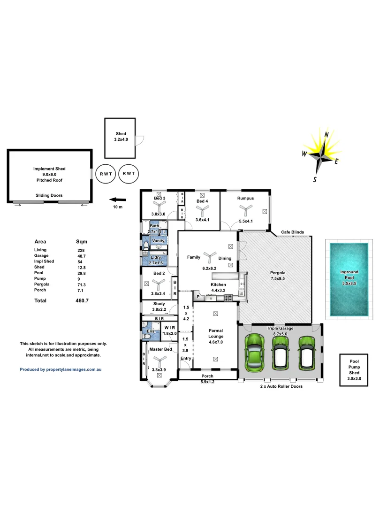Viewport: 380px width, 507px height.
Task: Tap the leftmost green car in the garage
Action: [x=254, y=350]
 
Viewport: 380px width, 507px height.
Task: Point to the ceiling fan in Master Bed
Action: [x=160, y=361]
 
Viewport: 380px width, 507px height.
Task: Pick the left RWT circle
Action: [x=106, y=173]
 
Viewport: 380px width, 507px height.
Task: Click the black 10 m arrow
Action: [x=110, y=199]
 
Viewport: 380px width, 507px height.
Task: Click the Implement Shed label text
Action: [x=49, y=174]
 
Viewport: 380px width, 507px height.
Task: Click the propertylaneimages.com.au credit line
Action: [x=61, y=369]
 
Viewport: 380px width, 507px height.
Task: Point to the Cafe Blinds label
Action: [x=292, y=232]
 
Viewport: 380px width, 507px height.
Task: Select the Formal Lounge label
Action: [x=215, y=333]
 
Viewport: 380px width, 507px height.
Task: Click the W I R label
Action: [x=170, y=327]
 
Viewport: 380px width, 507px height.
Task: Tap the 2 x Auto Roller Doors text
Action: [x=281, y=386]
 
